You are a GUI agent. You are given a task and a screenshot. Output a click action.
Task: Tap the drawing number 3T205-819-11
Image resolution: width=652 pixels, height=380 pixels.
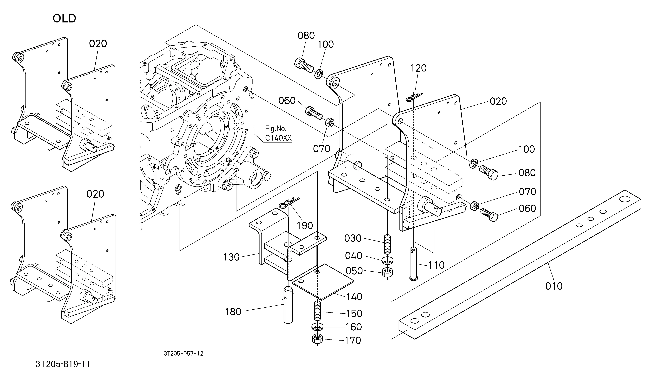[63, 364]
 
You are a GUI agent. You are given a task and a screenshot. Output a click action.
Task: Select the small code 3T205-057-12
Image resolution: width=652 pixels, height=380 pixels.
[184, 354]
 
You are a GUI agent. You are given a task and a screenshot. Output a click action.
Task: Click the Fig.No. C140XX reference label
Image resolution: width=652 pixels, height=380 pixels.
[278, 133]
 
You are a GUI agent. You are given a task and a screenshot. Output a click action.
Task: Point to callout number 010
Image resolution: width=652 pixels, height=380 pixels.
[554, 286]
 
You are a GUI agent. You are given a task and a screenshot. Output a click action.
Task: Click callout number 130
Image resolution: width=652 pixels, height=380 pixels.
[232, 257]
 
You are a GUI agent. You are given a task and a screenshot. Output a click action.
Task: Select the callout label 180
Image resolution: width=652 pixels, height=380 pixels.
[233, 312]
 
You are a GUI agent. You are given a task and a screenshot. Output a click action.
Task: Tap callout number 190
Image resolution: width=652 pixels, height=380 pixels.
[305, 226]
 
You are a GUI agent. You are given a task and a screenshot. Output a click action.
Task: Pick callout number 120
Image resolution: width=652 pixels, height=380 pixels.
[418, 68]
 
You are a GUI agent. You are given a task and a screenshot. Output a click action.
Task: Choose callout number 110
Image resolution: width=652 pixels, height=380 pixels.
[436, 265]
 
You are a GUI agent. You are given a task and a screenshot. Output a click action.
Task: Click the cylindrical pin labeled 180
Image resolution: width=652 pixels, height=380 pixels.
[288, 305]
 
